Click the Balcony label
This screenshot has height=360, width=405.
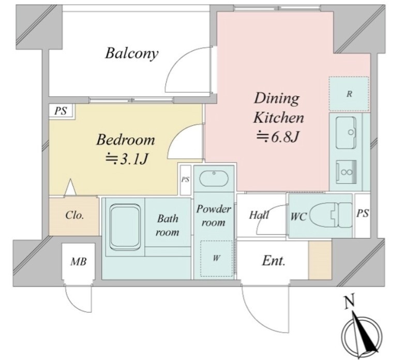click(131, 54)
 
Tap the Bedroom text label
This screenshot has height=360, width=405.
click(126, 140)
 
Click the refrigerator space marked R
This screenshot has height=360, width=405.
click(349, 94)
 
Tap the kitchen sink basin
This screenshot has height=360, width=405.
click(346, 132)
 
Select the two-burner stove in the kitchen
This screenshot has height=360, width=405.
click(346, 172)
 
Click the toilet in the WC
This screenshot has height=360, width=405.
click(331, 215)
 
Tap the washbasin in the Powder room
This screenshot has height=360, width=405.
click(214, 178)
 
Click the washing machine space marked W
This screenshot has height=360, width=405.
click(216, 259)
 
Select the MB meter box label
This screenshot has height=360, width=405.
click(79, 262)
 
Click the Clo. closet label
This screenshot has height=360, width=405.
click(74, 215)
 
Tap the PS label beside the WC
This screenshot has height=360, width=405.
click(363, 214)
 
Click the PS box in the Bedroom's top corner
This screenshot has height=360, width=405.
click(62, 111)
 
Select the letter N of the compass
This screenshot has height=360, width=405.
click(349, 302)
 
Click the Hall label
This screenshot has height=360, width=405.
click(259, 215)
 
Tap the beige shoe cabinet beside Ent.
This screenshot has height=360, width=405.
click(320, 260)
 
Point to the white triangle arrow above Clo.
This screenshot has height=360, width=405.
click(70, 187)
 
